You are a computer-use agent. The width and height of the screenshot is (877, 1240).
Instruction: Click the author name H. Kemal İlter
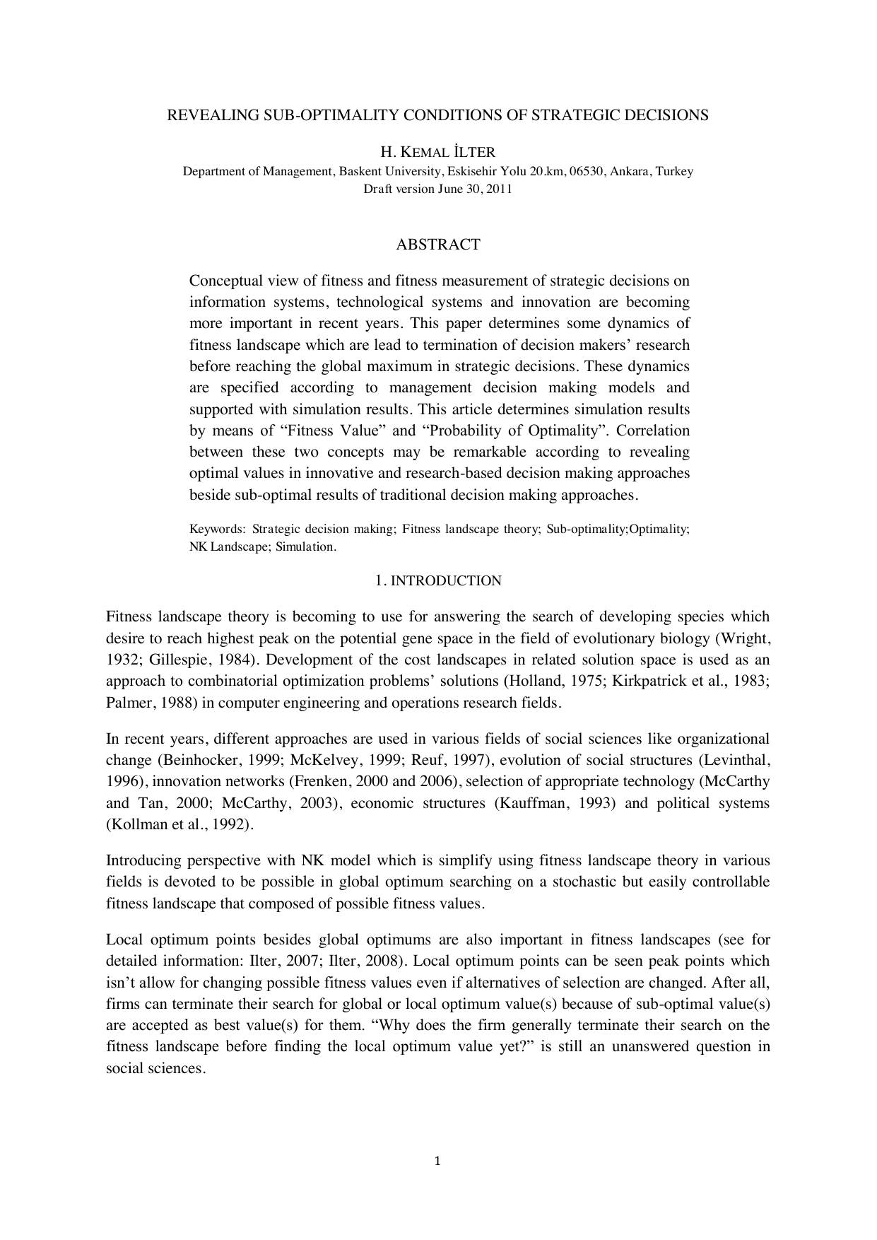click(438, 152)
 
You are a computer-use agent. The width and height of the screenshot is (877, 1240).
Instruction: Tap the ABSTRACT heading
click(438, 245)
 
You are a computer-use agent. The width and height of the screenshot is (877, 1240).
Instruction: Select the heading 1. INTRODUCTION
click(438, 580)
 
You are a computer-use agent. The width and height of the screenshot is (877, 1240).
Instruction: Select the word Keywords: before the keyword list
click(218, 529)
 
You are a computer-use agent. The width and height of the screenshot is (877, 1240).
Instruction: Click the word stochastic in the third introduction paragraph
click(574, 882)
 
